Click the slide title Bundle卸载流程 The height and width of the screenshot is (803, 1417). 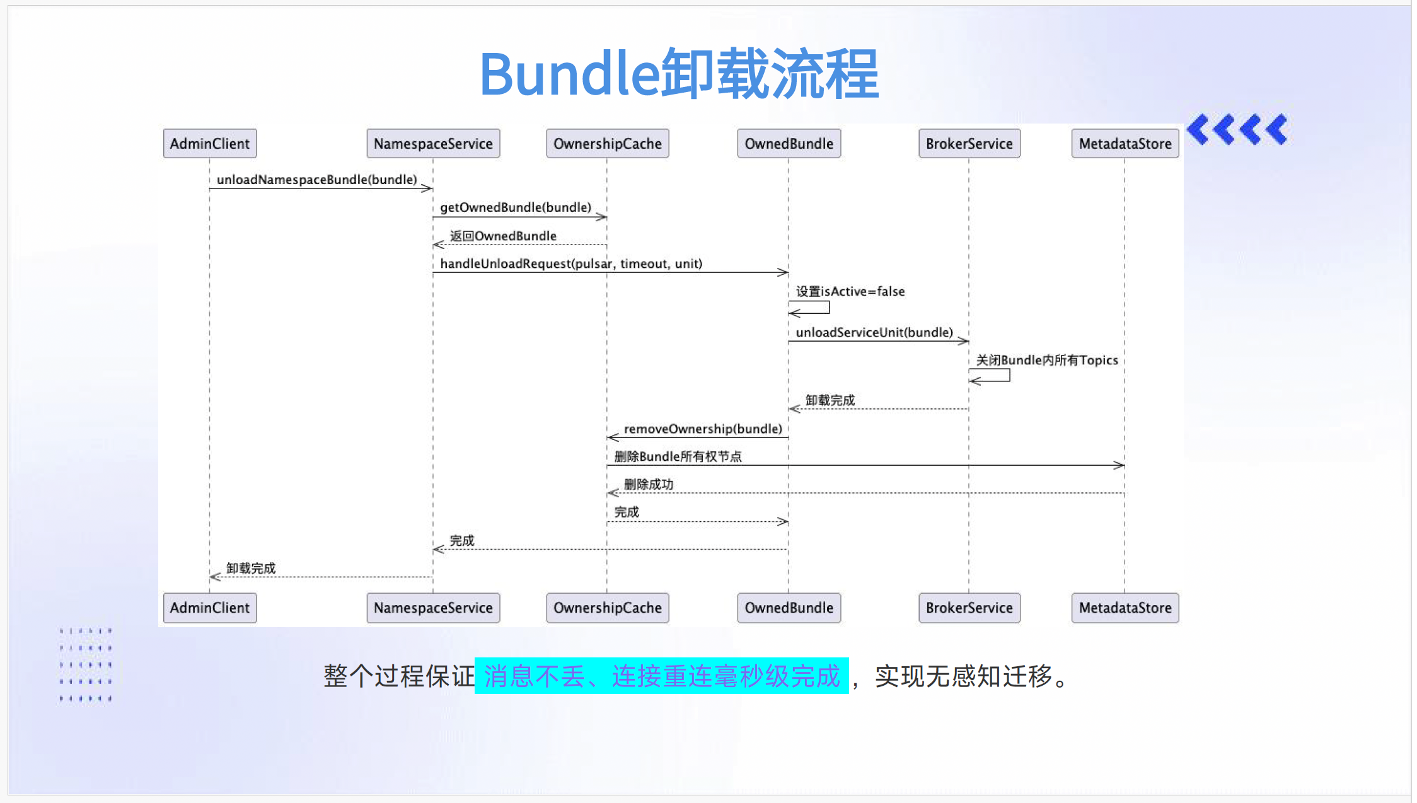tap(679, 74)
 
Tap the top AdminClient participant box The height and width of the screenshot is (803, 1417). tap(210, 144)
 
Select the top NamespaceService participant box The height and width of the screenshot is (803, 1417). tap(433, 144)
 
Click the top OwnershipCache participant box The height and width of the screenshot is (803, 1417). tap(607, 144)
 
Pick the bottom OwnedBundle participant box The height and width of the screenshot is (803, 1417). tap(789, 608)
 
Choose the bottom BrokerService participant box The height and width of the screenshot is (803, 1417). tap(969, 608)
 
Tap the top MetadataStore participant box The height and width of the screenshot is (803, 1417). tap(1125, 144)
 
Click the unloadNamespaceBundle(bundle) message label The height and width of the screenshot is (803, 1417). tap(317, 180)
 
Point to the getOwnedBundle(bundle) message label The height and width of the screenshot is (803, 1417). tap(516, 207)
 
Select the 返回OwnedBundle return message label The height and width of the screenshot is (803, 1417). tap(503, 236)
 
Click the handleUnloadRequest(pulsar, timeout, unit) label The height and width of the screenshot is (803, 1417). tap(571, 263)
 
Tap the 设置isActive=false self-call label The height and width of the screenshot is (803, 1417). tap(850, 291)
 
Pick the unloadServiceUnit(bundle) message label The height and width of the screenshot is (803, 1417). tap(874, 332)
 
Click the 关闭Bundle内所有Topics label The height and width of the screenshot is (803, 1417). tap(1047, 360)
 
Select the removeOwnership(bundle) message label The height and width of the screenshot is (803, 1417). tap(703, 429)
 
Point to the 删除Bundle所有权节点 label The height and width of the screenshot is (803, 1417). tap(678, 456)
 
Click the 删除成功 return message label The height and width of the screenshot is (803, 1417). tap(649, 484)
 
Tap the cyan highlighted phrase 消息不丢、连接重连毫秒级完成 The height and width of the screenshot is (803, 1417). tap(662, 676)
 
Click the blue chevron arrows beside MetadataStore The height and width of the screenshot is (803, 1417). tap(1237, 130)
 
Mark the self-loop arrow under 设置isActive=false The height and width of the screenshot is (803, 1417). tap(809, 308)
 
